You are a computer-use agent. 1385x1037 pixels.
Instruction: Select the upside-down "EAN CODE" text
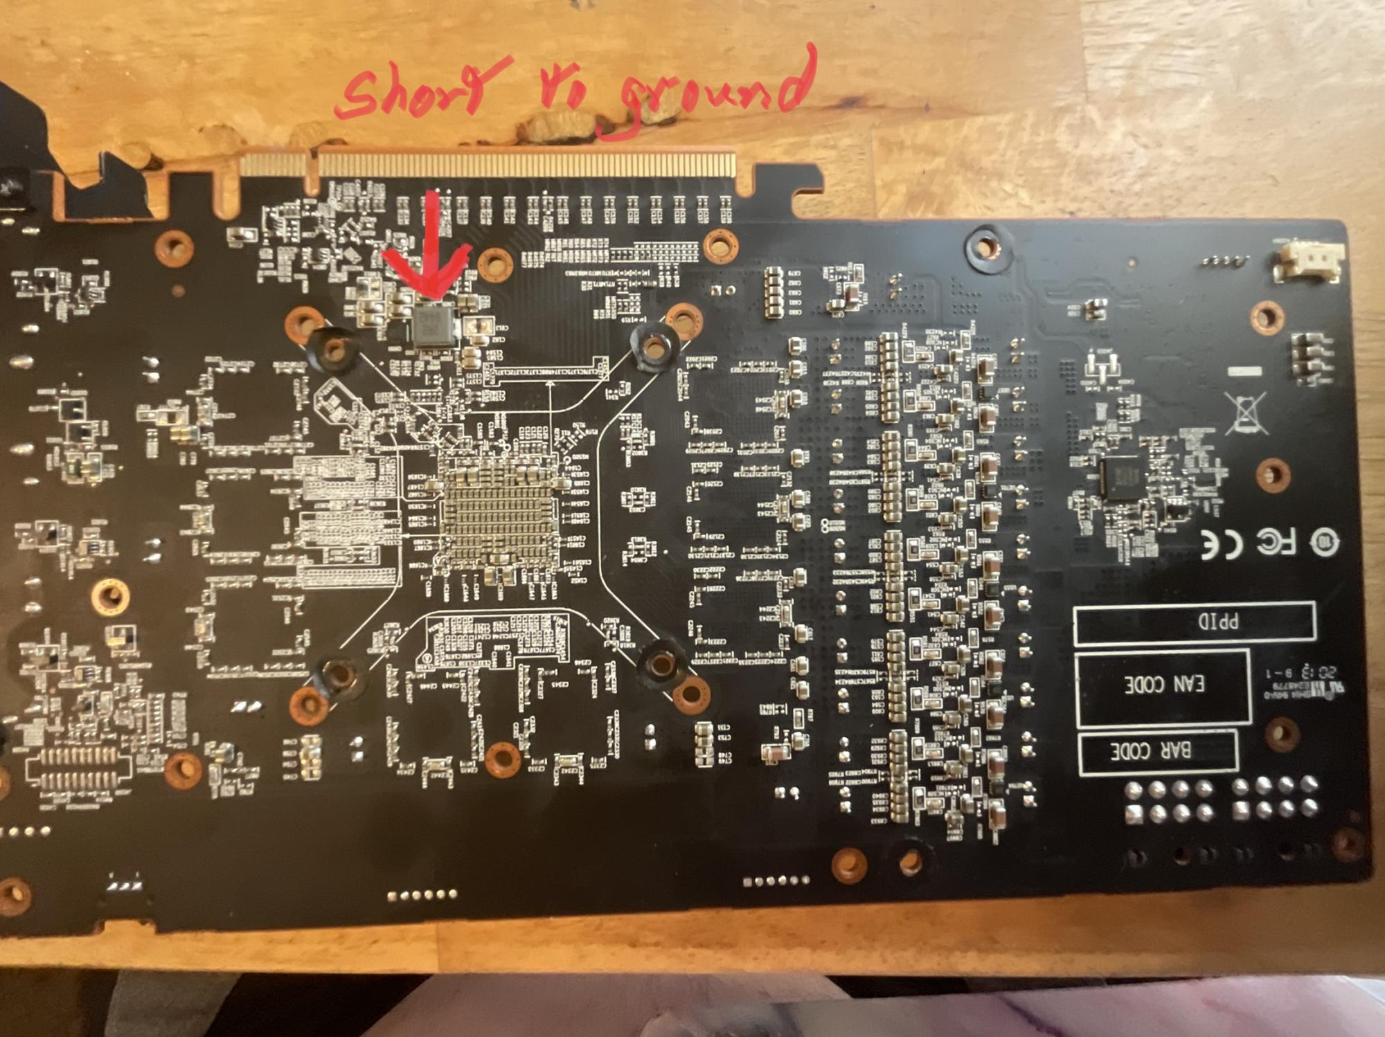[1163, 685]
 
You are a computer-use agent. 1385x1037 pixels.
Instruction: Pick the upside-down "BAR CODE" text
[1150, 750]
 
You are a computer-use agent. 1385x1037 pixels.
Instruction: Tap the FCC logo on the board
[1276, 542]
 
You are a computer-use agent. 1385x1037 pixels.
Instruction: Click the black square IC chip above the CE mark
[1119, 478]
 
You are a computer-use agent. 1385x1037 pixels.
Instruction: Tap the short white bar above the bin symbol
[1244, 372]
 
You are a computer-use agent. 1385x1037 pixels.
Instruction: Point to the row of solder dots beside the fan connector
[1226, 261]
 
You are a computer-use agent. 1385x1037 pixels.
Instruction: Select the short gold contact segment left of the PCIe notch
[273, 165]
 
